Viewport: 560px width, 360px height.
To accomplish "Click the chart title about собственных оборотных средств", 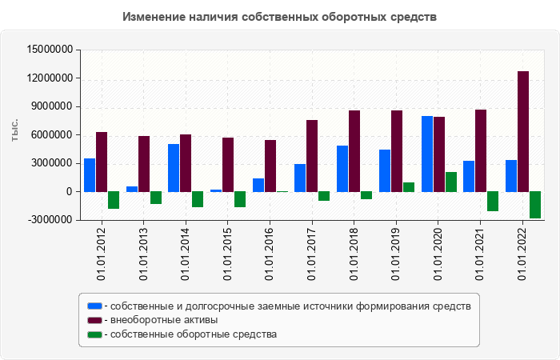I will (280, 17).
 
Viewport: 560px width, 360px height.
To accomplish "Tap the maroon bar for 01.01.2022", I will (523, 131).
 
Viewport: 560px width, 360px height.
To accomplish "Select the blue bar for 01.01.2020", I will (427, 154).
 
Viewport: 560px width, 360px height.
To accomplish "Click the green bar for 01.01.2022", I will (535, 205).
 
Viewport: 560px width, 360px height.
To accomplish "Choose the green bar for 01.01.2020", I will (451, 182).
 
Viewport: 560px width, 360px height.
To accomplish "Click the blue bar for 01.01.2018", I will (342, 169).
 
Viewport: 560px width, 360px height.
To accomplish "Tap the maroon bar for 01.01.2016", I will (270, 166).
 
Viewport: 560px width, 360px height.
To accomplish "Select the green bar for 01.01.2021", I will (493, 201).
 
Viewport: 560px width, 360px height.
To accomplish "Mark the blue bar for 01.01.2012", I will (90, 175).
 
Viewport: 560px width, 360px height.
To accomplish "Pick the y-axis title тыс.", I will (15, 130).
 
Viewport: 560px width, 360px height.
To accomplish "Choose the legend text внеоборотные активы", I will (164, 320).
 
